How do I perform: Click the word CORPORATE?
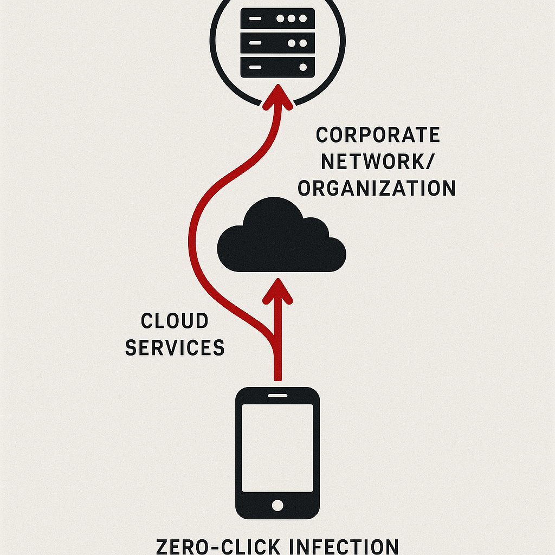(378, 135)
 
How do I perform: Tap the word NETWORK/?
(378, 162)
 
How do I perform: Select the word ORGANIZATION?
(377, 188)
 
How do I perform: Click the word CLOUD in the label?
(175, 321)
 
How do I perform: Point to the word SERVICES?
(175, 347)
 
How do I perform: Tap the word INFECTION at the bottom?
(344, 547)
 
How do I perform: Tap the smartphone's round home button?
(277, 505)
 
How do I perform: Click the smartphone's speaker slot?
(277, 396)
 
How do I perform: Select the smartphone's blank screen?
(277, 448)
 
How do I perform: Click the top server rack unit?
(277, 18)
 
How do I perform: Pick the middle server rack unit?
(277, 43)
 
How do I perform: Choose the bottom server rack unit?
(277, 67)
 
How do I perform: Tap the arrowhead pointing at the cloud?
(278, 291)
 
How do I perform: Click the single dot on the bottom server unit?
(303, 67)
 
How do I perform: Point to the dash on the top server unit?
(255, 18)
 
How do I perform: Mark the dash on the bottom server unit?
(255, 67)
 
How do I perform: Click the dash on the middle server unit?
(255, 43)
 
